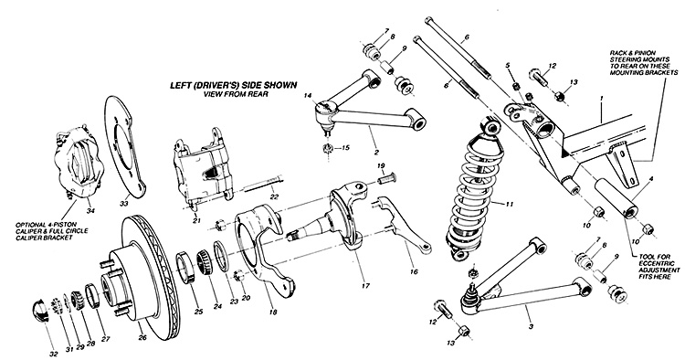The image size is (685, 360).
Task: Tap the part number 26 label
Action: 142,337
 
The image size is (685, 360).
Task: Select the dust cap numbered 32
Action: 40,310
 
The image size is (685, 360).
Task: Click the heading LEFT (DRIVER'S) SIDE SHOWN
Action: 233,85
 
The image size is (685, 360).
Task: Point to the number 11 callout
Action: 510,204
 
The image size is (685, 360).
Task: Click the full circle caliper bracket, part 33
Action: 124,149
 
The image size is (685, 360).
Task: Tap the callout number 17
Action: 365,286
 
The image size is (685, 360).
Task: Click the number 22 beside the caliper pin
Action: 274,196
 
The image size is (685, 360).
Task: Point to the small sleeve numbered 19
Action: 385,178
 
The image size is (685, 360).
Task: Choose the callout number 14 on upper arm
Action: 309,95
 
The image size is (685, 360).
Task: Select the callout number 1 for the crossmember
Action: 601,99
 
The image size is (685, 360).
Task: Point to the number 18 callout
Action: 273,312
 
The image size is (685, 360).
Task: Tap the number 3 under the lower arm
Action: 531,326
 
